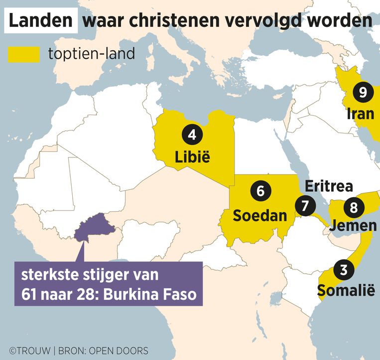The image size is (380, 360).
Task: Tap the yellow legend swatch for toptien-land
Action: (24, 54)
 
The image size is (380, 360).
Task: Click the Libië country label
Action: (192, 158)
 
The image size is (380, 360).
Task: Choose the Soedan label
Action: (259, 216)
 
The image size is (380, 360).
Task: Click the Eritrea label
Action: (329, 186)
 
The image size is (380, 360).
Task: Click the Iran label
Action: (360, 114)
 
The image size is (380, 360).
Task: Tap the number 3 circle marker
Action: (343, 270)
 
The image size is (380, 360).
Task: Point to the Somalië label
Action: (345, 290)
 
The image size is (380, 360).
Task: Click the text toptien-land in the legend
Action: (92, 53)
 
